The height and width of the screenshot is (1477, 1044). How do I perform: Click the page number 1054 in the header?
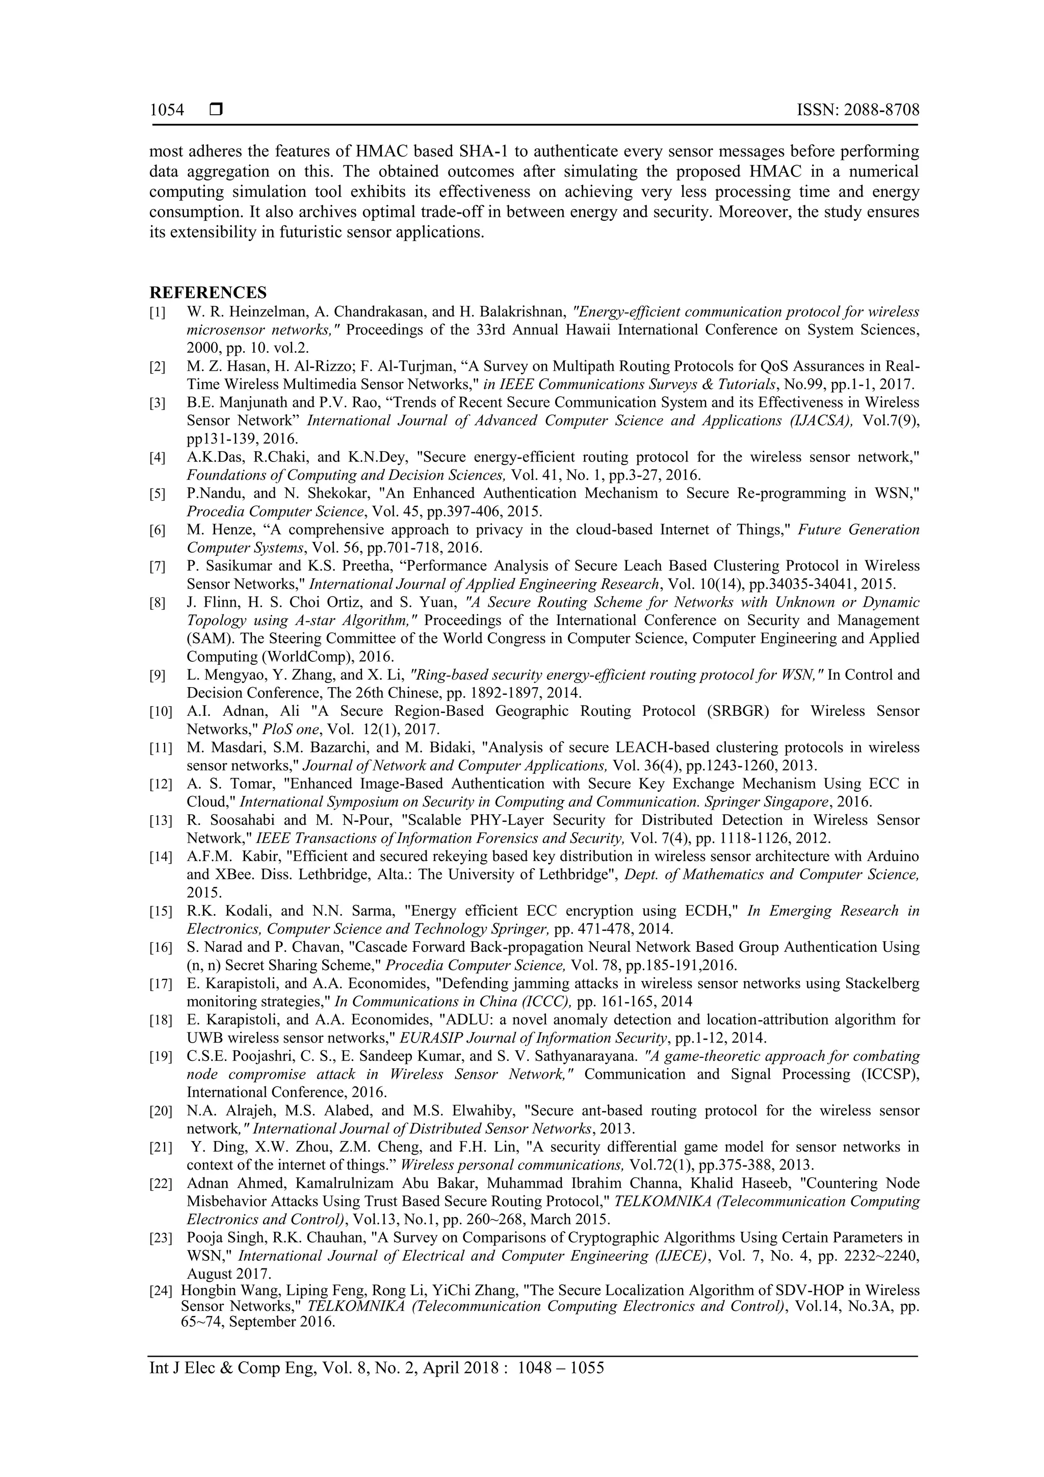click(167, 110)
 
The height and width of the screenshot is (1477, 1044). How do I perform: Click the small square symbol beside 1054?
click(216, 110)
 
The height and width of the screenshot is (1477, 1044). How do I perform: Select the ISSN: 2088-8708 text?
click(857, 110)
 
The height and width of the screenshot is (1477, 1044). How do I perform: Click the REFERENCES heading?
click(208, 293)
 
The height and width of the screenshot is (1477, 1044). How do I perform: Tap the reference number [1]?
click(157, 313)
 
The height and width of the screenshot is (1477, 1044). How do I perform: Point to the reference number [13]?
click(160, 821)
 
